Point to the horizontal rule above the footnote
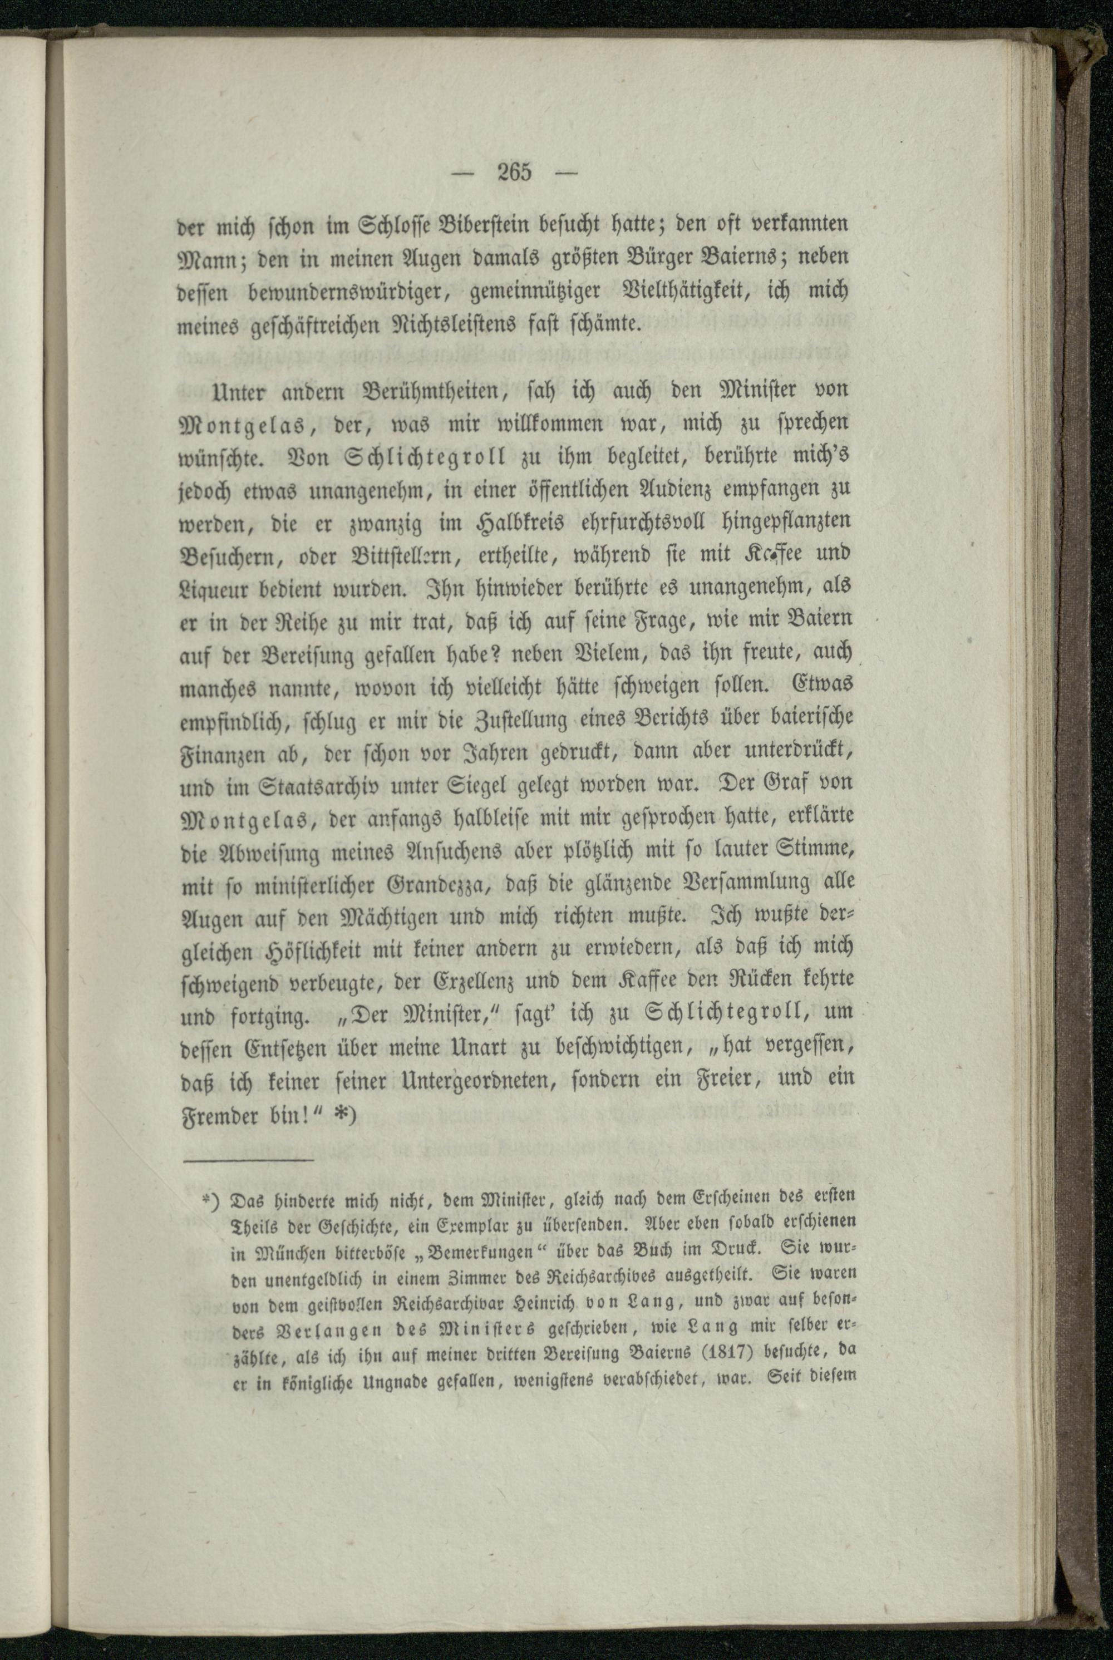tap(248, 1161)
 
